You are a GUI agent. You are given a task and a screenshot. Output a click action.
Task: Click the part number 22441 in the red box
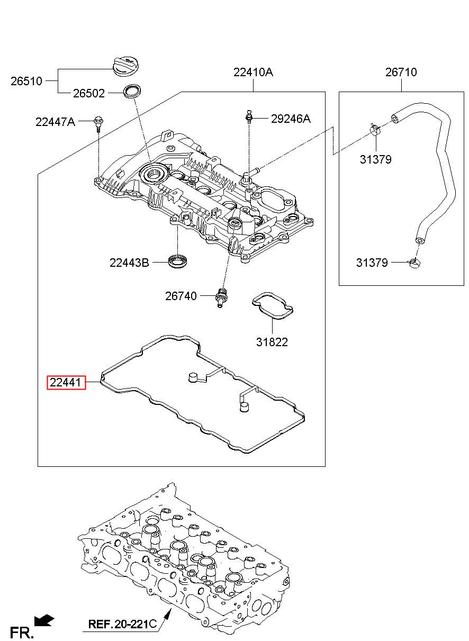pos(66,382)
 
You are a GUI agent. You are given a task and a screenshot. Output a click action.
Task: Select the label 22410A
pos(253,72)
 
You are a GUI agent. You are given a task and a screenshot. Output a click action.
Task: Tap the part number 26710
pos(401,72)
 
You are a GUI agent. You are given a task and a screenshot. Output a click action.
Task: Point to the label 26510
pos(26,82)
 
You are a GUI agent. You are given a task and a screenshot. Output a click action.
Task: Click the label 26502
pos(89,94)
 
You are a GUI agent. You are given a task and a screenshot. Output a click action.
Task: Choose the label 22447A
pos(55,122)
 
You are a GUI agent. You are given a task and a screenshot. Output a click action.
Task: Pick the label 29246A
pos(291,119)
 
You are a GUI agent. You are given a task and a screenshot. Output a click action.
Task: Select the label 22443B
pos(129,263)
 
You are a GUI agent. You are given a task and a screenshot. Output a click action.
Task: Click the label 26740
pos(181,296)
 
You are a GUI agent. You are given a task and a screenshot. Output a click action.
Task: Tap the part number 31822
pos(272,342)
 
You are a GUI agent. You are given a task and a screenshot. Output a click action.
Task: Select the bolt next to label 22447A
pos(98,123)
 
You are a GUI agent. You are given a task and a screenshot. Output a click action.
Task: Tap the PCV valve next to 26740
pos(221,297)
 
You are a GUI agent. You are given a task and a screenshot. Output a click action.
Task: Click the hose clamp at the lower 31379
pos(414,263)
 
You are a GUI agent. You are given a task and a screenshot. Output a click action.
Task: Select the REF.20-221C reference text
pos(122,624)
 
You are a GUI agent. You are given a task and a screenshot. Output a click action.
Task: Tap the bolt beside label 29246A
pos(249,117)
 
